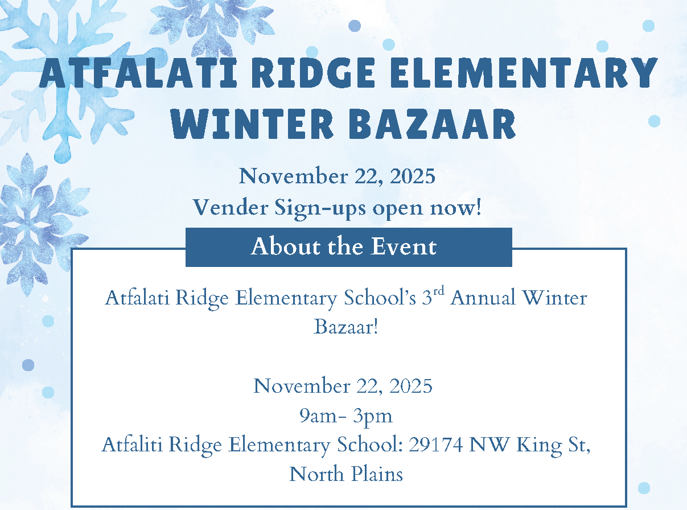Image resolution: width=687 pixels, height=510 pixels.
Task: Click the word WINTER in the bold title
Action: coord(252,124)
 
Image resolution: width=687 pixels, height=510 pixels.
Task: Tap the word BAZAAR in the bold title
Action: coord(432,124)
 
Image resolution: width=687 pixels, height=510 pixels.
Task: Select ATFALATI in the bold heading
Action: coord(138,72)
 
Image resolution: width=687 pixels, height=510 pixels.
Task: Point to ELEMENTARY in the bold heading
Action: coord(524,72)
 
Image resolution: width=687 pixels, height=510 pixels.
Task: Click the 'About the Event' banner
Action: coord(349,247)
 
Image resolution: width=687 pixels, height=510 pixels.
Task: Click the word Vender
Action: coord(231,207)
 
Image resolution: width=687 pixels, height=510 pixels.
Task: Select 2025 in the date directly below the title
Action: coord(412,176)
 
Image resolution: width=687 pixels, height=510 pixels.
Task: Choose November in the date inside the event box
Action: coord(302,386)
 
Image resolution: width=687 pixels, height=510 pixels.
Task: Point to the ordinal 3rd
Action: coord(433,296)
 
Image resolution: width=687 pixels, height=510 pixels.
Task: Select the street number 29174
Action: coord(435,445)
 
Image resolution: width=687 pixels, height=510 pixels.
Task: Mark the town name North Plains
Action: coord(346,474)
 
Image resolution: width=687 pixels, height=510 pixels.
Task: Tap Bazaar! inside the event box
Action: coord(346,327)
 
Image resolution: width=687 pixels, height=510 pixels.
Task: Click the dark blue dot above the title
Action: coord(355,26)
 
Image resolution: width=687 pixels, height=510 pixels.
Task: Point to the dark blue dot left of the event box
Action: coord(28,365)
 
